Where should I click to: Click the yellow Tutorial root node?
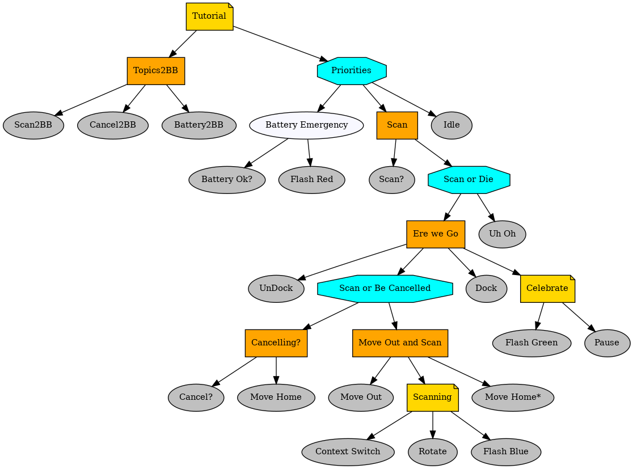[209, 16]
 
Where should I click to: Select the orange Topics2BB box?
[155, 71]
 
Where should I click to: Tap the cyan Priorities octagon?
[352, 71]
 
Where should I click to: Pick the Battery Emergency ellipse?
[306, 125]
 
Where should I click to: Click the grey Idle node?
[451, 125]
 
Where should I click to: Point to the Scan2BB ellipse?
[33, 125]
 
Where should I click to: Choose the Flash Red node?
[311, 180]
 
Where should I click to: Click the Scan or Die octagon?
[469, 180]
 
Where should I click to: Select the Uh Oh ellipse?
[502, 234]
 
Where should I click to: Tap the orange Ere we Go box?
[436, 234]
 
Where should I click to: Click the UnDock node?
[276, 289]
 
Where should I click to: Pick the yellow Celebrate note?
[547, 289]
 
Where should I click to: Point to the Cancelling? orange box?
[276, 343]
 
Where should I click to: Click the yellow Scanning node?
[432, 398]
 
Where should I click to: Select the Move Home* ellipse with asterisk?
[512, 398]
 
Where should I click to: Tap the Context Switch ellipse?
[348, 452]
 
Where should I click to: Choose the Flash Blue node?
[505, 452]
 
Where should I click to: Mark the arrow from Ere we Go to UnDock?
[352, 261]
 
